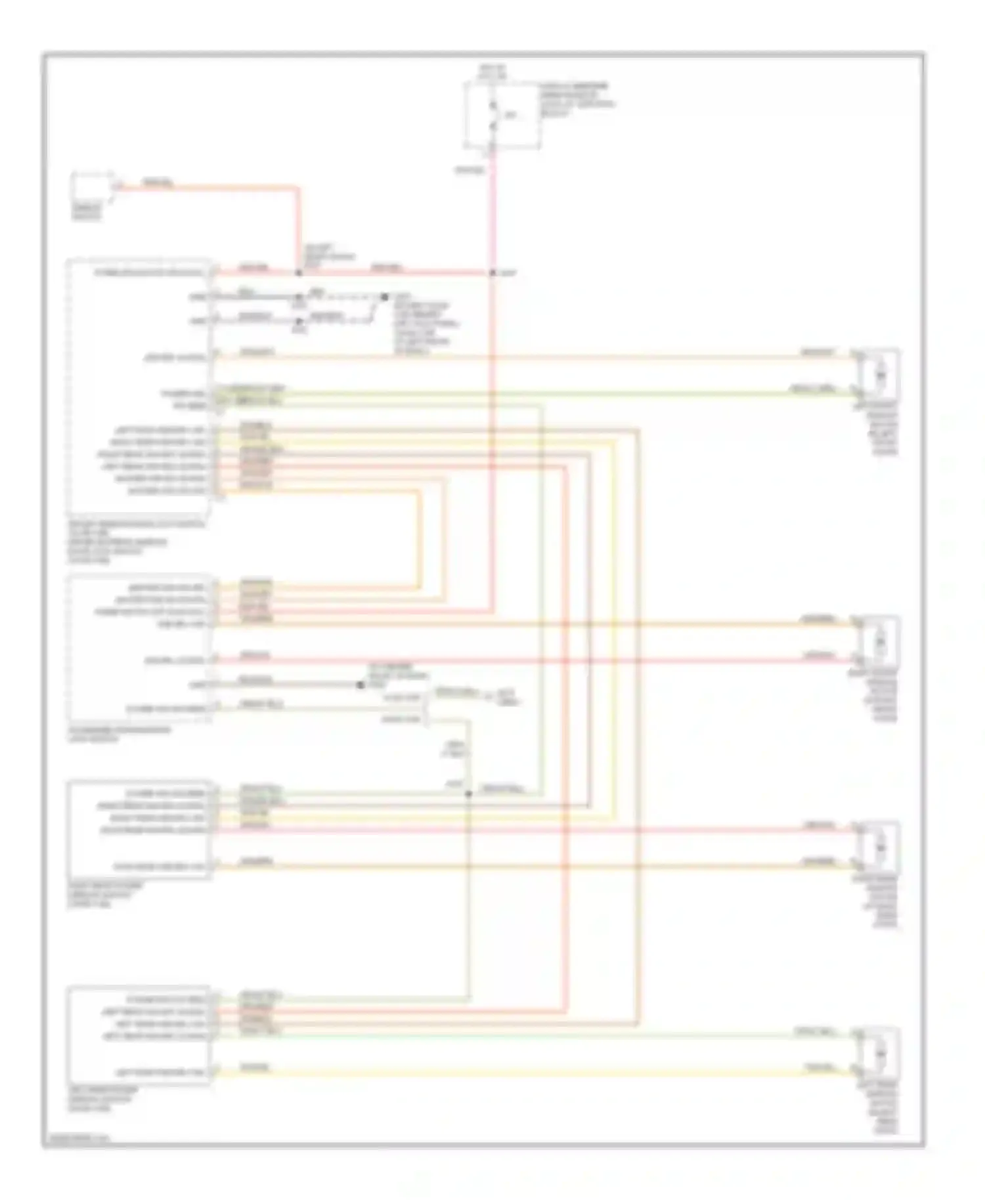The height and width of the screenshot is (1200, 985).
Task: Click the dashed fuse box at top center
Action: click(502, 116)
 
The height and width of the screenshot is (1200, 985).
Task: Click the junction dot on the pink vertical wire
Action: click(492, 272)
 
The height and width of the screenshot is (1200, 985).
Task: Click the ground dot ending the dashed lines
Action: click(384, 297)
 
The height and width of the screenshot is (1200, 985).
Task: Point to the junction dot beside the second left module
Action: click(360, 685)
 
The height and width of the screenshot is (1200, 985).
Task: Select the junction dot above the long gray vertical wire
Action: click(469, 793)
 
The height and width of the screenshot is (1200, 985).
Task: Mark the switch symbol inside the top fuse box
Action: click(493, 116)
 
